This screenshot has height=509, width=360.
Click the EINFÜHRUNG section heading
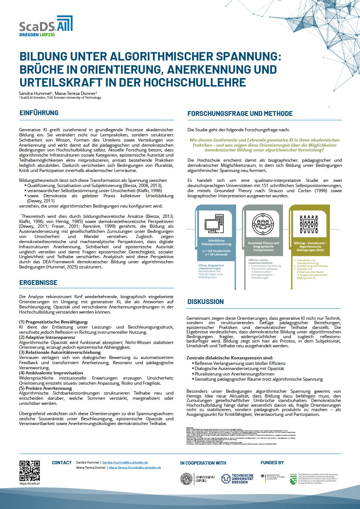39,113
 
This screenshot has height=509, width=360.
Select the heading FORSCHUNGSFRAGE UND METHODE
240,114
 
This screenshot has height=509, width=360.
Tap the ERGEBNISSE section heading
38,283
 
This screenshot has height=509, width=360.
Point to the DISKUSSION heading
205,302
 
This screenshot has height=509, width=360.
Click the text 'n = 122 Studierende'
216,251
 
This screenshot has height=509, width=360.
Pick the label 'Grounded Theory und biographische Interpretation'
263,246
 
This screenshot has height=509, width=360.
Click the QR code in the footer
29,471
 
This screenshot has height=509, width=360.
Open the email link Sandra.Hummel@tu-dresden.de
125,462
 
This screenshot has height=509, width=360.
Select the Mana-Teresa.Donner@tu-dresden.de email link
135,468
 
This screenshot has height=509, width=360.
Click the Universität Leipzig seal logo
187,479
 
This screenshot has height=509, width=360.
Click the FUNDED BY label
272,463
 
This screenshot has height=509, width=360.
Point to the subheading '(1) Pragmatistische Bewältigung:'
54,322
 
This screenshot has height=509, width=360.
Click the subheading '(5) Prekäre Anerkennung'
45,388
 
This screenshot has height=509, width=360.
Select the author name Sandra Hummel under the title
35,94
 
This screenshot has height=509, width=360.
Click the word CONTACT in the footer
62,463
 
